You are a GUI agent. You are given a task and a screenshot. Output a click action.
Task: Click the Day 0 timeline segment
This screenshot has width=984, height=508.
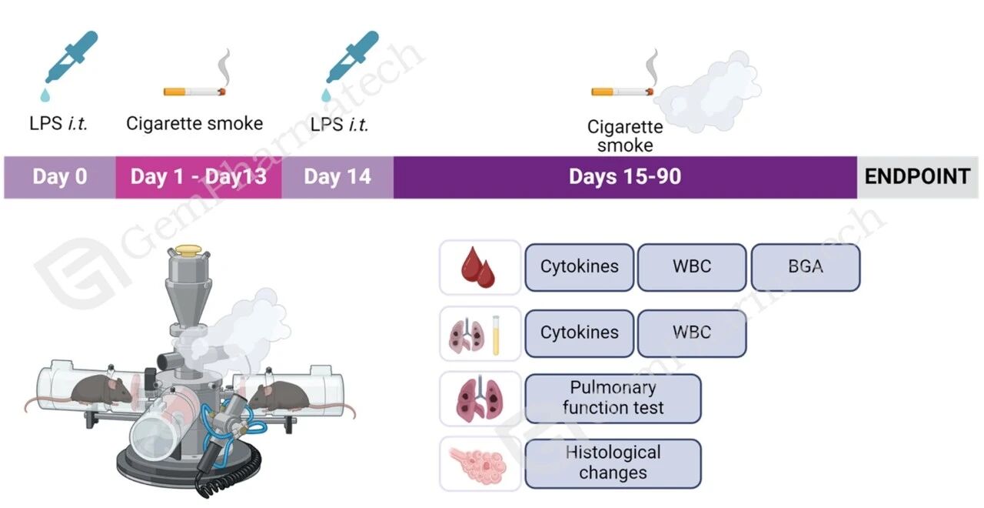tap(60, 177)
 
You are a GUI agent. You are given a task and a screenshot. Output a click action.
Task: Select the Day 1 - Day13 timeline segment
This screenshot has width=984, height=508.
tap(198, 177)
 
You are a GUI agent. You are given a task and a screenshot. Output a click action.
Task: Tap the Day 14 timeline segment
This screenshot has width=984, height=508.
tap(337, 177)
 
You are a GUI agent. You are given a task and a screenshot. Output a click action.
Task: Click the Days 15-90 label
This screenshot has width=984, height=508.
tap(624, 177)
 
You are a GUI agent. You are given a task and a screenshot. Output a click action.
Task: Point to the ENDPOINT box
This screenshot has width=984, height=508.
tap(917, 177)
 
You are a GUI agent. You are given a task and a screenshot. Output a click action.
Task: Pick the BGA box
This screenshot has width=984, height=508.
tap(805, 267)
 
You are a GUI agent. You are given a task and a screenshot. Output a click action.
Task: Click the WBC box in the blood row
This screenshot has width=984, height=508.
tap(692, 267)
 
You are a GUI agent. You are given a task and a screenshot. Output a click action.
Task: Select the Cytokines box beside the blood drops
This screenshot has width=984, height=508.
tap(579, 267)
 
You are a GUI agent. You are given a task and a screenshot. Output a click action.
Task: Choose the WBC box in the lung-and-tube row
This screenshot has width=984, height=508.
tap(692, 333)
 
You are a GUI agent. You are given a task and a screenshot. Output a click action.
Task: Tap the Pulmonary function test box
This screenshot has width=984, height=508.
tap(613, 398)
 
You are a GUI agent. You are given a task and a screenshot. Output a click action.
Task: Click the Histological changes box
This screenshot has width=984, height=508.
tap(613, 463)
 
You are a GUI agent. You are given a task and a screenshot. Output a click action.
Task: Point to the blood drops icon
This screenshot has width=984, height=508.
tap(479, 268)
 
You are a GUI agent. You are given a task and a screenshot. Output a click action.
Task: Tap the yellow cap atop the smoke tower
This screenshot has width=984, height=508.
tap(188, 250)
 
